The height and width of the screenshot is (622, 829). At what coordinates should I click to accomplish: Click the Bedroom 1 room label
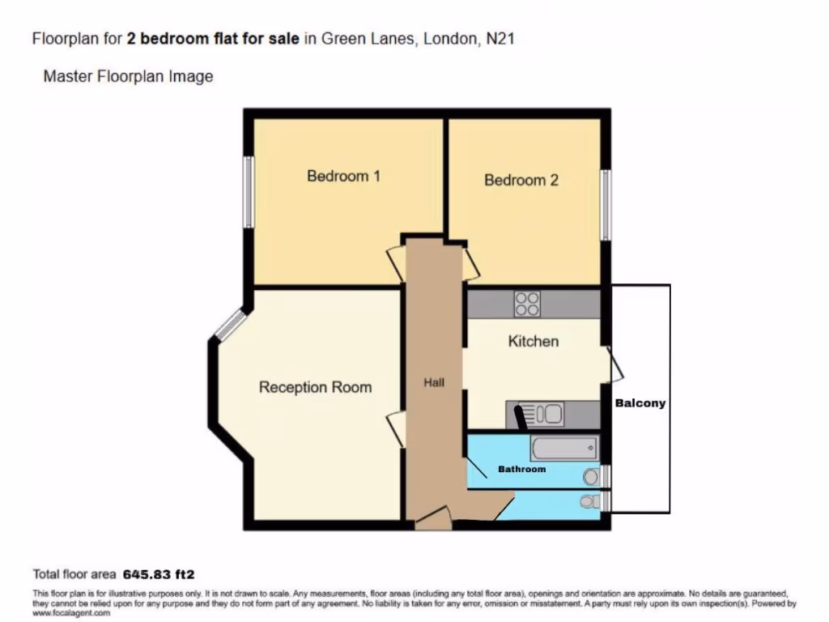point(343,176)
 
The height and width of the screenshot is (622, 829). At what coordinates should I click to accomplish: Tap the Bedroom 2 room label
point(521,180)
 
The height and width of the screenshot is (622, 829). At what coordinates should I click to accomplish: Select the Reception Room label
point(315,387)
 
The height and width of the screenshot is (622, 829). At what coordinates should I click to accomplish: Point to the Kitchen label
point(533,341)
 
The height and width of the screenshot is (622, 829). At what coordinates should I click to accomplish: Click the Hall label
point(434,382)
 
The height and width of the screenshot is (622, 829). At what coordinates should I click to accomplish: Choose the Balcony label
point(640,403)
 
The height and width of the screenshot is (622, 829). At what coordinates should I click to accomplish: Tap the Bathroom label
point(521,469)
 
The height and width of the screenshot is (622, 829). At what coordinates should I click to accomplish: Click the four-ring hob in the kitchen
point(527,304)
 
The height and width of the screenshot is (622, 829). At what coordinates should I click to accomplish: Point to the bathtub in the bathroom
point(564,448)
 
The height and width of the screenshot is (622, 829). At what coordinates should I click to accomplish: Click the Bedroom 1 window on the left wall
point(249,191)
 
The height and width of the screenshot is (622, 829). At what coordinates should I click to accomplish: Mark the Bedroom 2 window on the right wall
point(605,205)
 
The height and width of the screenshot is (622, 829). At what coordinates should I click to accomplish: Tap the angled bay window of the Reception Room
point(230,324)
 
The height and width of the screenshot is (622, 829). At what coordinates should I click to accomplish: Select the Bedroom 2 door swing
point(471,263)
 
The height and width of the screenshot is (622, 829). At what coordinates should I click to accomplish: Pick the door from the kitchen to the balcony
point(615,364)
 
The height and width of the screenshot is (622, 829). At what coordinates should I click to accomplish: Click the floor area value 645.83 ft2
point(159,575)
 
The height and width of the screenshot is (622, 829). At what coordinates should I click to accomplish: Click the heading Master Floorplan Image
point(128,77)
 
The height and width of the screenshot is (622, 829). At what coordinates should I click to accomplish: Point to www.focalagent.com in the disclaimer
point(71,613)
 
